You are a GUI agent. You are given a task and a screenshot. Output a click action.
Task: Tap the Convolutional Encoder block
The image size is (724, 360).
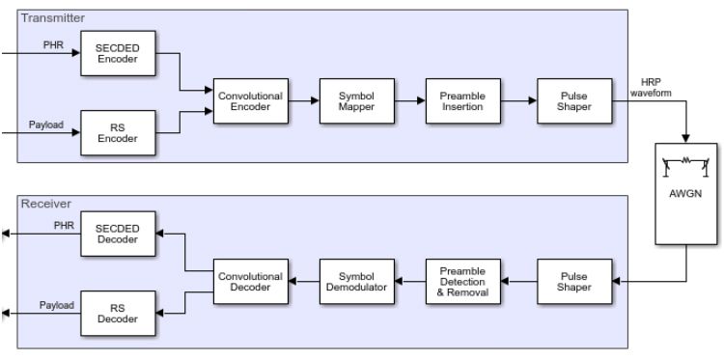tap(250, 102)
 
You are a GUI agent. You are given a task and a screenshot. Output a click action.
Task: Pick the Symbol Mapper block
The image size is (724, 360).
tap(356, 102)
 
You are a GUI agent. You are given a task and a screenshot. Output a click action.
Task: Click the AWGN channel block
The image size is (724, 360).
tap(687, 193)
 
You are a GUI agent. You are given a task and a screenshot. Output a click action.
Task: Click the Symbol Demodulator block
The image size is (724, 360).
tap(356, 281)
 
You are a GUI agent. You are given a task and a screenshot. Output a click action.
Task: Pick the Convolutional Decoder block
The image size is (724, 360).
tap(250, 281)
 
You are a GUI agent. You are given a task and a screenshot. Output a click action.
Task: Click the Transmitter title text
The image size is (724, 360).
tap(47, 17)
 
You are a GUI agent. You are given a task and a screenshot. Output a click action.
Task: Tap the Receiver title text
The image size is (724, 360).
tap(42, 204)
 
